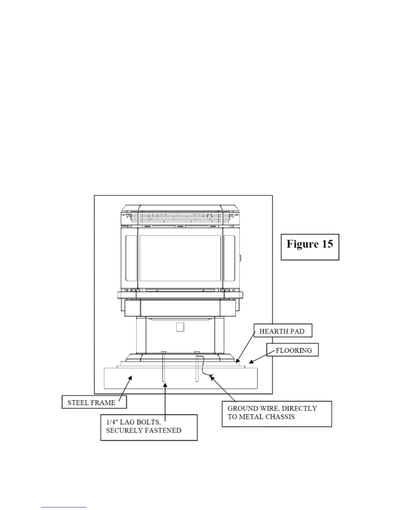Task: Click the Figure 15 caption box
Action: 310,247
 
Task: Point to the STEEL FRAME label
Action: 91,402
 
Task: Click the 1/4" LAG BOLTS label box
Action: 149,427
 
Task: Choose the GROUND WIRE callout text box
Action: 277,413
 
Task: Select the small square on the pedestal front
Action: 180,327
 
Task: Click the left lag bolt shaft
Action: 164,367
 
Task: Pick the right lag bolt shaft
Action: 197,367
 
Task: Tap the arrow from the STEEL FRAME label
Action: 125,389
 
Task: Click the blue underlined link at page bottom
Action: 64,507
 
